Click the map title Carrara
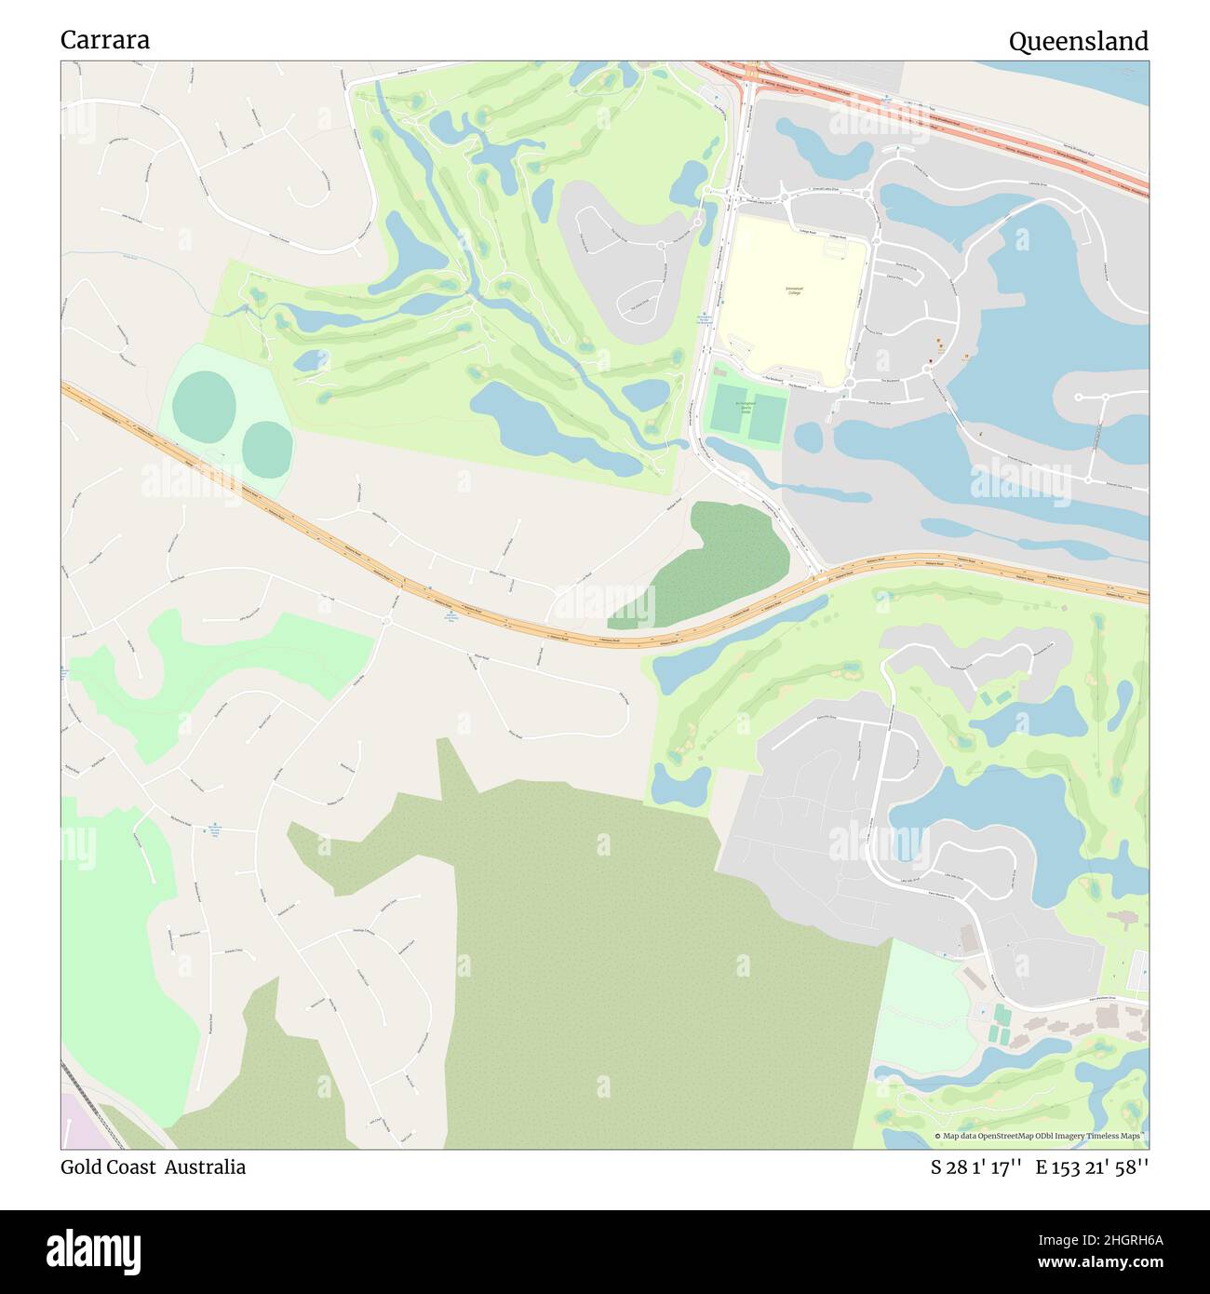[x=105, y=40]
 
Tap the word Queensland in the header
[x=1078, y=41]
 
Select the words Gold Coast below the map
[x=108, y=1167]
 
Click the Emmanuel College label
[x=793, y=291]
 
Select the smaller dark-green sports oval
[x=267, y=447]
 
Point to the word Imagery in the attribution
[x=1076, y=1136]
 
